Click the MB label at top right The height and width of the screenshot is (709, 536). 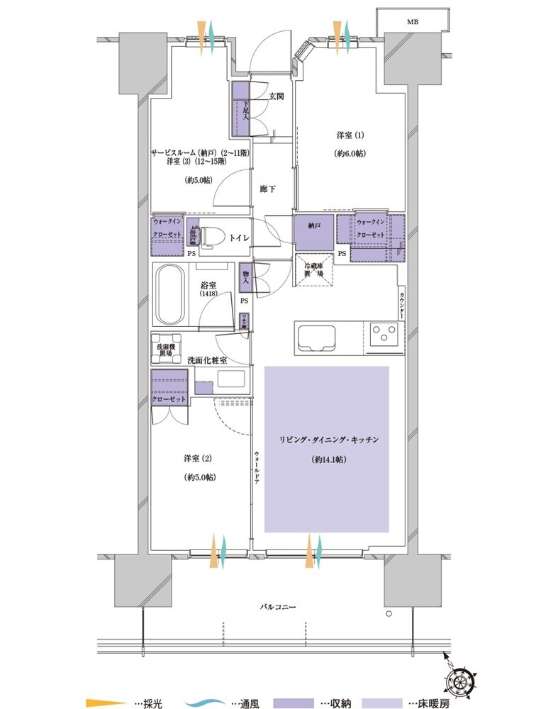click(x=412, y=22)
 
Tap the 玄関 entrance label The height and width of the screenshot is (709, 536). click(x=277, y=96)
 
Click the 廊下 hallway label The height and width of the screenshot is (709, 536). click(x=267, y=190)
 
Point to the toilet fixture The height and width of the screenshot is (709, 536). click(x=213, y=239)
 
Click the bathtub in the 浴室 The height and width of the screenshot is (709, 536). click(x=169, y=294)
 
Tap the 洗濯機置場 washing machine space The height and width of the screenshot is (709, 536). click(x=165, y=349)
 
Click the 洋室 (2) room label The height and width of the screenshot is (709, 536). click(x=199, y=458)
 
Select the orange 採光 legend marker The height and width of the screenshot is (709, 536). click(x=100, y=703)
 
